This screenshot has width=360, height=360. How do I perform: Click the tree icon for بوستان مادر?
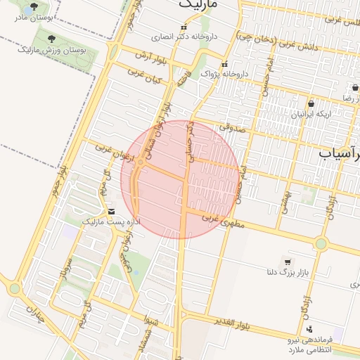[34, 6]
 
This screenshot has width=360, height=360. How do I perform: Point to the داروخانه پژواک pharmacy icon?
[224, 64]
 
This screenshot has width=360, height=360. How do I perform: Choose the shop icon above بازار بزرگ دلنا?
[286, 261]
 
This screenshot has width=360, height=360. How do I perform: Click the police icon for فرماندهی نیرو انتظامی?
[309, 329]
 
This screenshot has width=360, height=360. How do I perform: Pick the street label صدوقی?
[230, 127]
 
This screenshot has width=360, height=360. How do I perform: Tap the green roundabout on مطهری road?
[321, 244]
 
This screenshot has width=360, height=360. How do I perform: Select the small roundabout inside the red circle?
[141, 163]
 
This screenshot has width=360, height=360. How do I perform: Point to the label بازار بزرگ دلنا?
[288, 271]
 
